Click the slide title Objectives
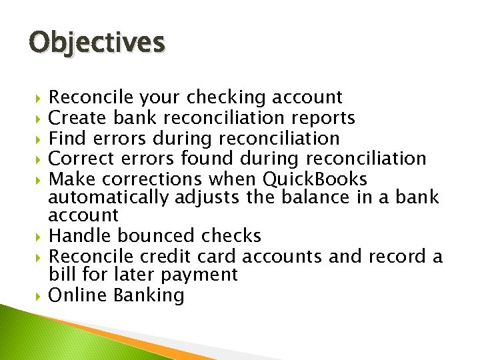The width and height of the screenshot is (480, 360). pyautogui.click(x=97, y=43)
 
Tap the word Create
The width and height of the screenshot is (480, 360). pyautogui.click(x=78, y=119)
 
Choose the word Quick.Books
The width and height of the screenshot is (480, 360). pyautogui.click(x=315, y=179)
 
